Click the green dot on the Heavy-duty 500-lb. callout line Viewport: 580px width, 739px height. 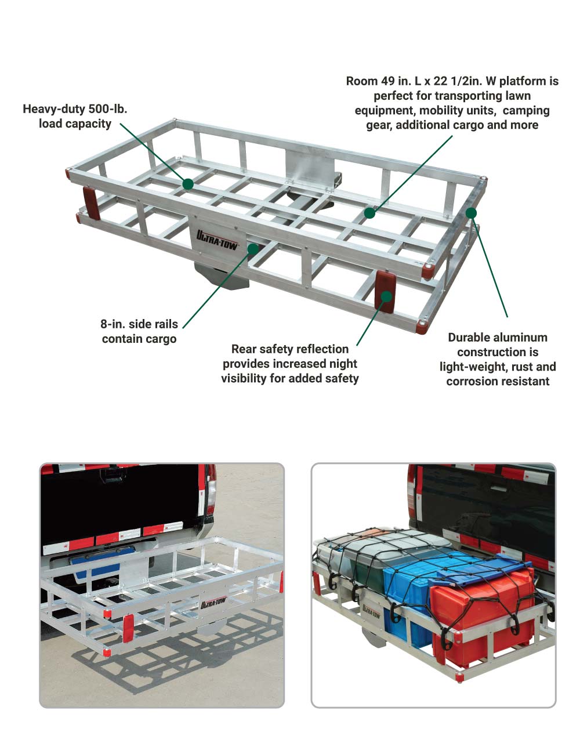pyautogui.click(x=188, y=184)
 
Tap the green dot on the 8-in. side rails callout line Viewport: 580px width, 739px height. pyautogui.click(x=253, y=249)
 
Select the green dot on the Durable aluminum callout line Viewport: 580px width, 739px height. pyautogui.click(x=471, y=213)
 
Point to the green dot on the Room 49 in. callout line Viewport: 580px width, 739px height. pyautogui.click(x=369, y=213)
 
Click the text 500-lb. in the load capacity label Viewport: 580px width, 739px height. pyautogui.click(x=107, y=108)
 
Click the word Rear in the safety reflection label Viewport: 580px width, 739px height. pyautogui.click(x=243, y=349)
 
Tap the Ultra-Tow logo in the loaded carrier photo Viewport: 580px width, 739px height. pyautogui.click(x=371, y=611)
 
